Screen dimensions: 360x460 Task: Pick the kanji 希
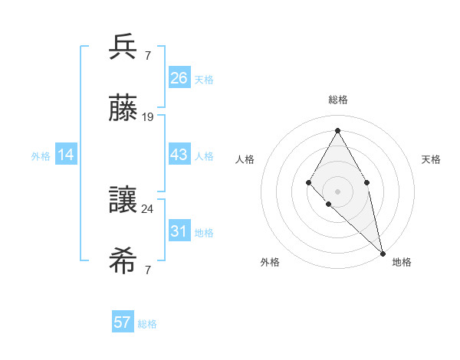(x=123, y=262)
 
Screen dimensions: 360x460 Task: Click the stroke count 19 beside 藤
(x=148, y=117)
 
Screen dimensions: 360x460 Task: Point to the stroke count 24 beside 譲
(x=148, y=208)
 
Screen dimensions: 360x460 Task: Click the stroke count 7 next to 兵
(x=148, y=54)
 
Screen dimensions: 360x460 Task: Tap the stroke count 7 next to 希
(x=148, y=270)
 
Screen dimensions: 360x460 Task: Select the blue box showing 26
(x=179, y=78)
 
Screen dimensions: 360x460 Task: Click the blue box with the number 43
(x=179, y=155)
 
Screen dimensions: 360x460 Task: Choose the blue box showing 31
(x=179, y=231)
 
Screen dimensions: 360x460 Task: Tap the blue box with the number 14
(x=66, y=155)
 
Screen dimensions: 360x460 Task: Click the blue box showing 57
(x=123, y=322)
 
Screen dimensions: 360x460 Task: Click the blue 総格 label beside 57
(x=147, y=324)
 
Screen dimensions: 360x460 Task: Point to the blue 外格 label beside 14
(x=41, y=156)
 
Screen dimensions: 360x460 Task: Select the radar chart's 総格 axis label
(x=337, y=100)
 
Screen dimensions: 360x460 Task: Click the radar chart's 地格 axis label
(x=402, y=262)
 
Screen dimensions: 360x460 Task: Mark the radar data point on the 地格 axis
(x=383, y=253)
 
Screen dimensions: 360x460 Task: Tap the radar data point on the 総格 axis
(x=337, y=129)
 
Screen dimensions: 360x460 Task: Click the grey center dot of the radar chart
(x=337, y=190)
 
